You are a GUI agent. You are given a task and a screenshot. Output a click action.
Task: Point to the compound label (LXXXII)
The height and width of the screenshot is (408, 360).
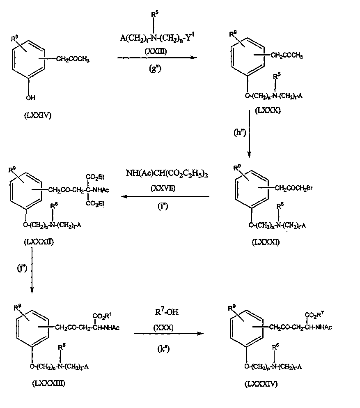[x=39, y=242]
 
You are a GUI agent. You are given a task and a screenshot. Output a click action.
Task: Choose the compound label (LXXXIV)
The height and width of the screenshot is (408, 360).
[x=260, y=384]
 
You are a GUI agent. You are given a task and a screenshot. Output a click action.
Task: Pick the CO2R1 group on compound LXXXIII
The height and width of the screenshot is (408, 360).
[x=102, y=316]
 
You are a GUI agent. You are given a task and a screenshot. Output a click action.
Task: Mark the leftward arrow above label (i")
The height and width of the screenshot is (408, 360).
[x=164, y=197]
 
